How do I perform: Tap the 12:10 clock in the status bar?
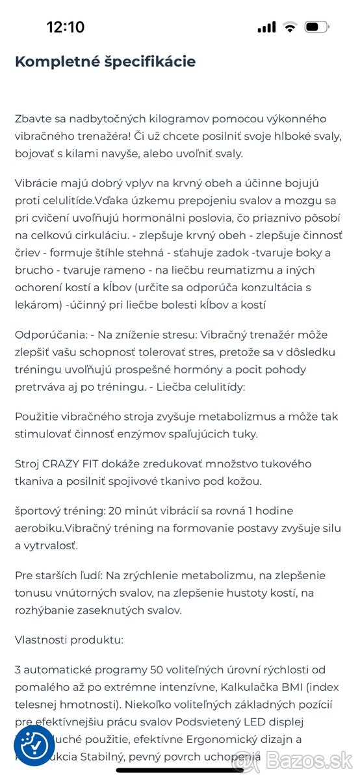coord(65,27)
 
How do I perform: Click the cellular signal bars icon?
coord(266,27)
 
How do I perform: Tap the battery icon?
coord(316,27)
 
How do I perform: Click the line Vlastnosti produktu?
coord(69,639)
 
